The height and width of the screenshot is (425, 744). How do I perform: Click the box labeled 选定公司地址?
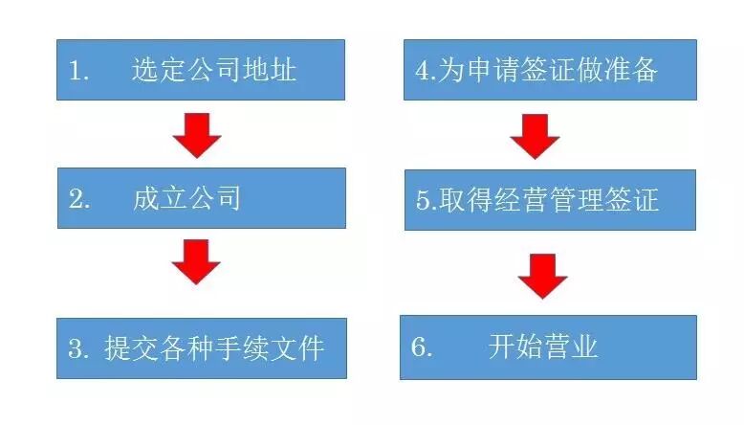pyautogui.click(x=200, y=70)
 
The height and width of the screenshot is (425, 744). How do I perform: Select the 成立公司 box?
pyautogui.click(x=200, y=198)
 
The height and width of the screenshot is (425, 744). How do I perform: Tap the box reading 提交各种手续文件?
pyautogui.click(x=201, y=347)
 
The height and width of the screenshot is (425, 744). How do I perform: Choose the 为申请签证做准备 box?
pyautogui.click(x=549, y=70)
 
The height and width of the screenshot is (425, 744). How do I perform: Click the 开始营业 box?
pyautogui.click(x=549, y=347)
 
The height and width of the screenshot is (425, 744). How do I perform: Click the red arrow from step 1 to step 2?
pyautogui.click(x=197, y=135)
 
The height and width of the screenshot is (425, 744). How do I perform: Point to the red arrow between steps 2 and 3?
pyautogui.click(x=197, y=261)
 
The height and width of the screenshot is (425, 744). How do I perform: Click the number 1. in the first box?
pyautogui.click(x=78, y=70)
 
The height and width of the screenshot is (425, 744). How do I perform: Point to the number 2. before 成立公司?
pyautogui.click(x=78, y=199)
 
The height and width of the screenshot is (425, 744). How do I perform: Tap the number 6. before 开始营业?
pyautogui.click(x=422, y=347)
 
